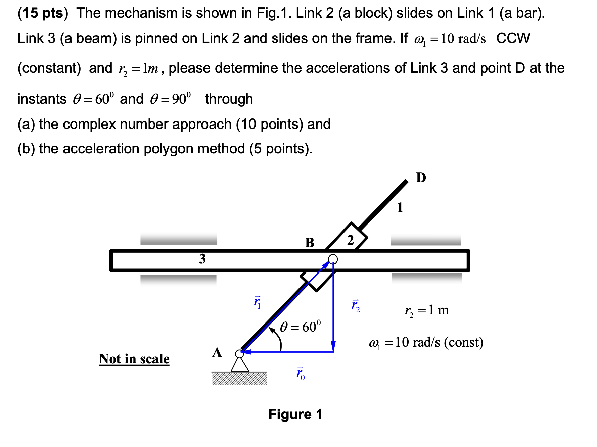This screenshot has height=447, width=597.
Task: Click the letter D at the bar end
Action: point(421,178)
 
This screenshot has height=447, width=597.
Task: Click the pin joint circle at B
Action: point(333,259)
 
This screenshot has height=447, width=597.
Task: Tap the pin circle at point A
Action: point(239,354)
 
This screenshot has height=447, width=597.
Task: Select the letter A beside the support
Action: point(217,353)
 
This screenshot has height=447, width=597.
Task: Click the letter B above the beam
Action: point(309,242)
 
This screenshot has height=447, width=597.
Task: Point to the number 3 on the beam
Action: point(202,259)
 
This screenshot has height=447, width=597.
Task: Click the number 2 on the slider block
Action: point(350,240)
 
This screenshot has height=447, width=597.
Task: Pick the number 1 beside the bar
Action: point(400,207)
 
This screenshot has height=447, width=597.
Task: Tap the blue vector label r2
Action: point(356,306)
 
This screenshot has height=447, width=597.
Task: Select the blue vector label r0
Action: point(301,374)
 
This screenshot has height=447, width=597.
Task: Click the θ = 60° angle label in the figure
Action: point(301,326)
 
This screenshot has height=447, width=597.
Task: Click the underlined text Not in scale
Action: point(134,359)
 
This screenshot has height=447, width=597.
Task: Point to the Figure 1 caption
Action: point(295,414)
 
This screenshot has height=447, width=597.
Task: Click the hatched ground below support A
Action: point(239,379)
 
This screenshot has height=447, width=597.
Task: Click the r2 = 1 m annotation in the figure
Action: point(427,310)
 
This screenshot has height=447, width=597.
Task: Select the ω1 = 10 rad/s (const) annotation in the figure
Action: point(426,342)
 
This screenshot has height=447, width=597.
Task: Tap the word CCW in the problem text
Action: point(513,38)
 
